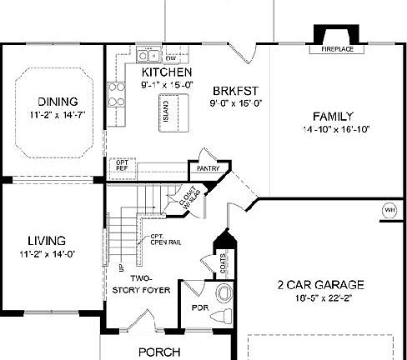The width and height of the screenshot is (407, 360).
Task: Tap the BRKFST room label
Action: pyautogui.click(x=232, y=91)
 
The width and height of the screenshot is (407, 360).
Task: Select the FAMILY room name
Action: pyautogui.click(x=334, y=116)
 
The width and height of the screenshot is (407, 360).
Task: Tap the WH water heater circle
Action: pyautogui.click(x=389, y=209)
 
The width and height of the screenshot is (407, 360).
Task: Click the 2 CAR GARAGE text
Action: pyautogui.click(x=320, y=285)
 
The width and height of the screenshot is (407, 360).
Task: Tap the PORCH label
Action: pyautogui.click(x=158, y=352)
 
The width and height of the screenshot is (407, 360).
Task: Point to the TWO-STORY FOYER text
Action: pyautogui.click(x=141, y=284)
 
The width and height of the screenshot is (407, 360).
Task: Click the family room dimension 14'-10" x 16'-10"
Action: pyautogui.click(x=335, y=130)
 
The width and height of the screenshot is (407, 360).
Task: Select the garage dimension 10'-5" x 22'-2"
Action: pyautogui.click(x=320, y=298)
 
